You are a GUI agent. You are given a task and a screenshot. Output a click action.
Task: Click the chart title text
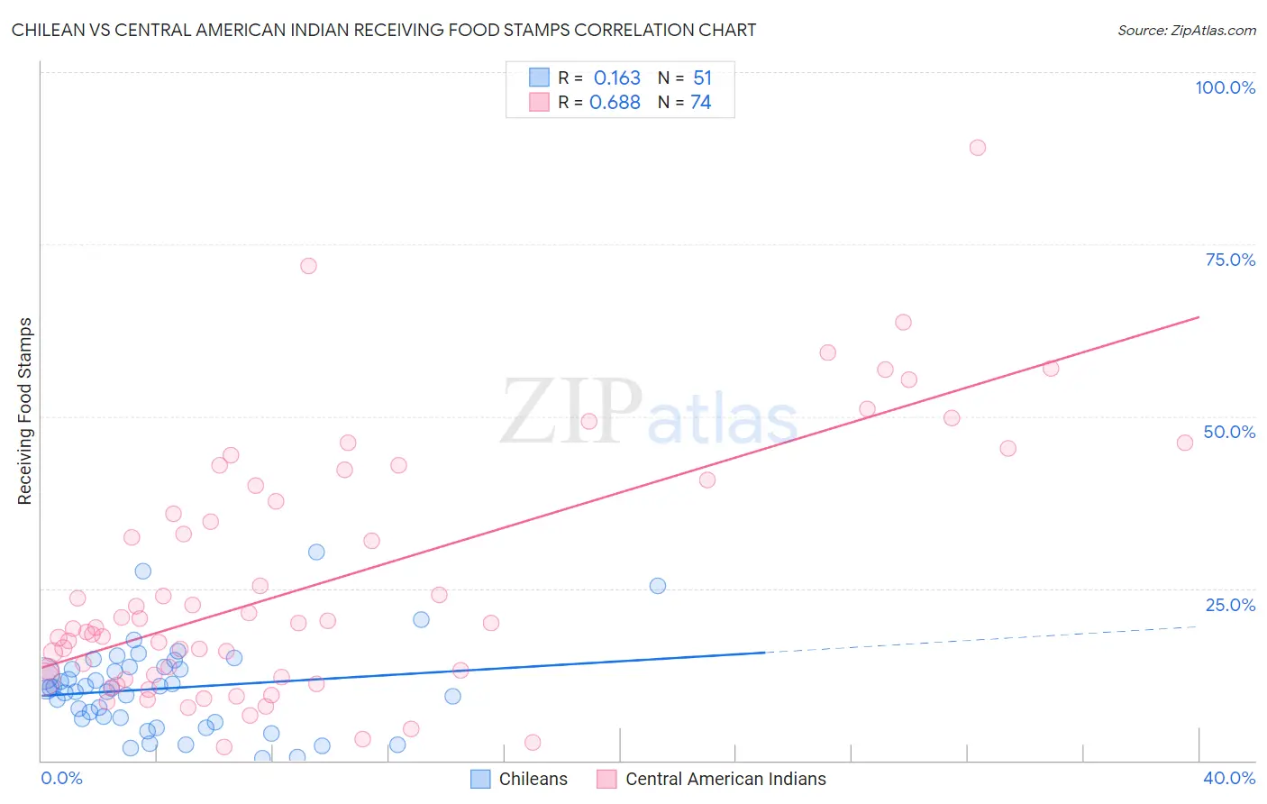pyautogui.click(x=384, y=30)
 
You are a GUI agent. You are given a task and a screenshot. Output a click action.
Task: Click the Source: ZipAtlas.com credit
pyautogui.click(x=1186, y=30)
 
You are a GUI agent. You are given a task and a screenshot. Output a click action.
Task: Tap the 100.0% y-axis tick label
pyautogui.click(x=1225, y=87)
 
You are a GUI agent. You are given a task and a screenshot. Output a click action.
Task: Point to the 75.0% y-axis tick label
pyautogui.click(x=1230, y=260)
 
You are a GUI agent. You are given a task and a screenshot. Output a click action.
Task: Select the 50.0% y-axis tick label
pyautogui.click(x=1229, y=432)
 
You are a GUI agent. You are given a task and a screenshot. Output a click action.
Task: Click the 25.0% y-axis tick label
pyautogui.click(x=1230, y=605)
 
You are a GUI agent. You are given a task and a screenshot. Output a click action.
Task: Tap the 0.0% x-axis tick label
pyautogui.click(x=61, y=778)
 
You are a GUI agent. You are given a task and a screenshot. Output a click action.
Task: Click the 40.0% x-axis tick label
pyautogui.click(x=1229, y=778)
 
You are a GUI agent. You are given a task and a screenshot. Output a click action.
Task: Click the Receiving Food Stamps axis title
pyautogui.click(x=25, y=411)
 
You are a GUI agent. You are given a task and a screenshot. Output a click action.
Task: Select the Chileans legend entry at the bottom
pyautogui.click(x=520, y=779)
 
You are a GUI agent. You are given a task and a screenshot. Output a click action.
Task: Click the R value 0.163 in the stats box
pyautogui.click(x=616, y=78)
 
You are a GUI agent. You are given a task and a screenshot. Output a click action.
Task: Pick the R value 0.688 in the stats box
pyautogui.click(x=615, y=103)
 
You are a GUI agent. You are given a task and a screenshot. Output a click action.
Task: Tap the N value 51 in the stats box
pyautogui.click(x=702, y=78)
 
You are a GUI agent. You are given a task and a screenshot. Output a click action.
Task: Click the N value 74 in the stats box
pyautogui.click(x=700, y=103)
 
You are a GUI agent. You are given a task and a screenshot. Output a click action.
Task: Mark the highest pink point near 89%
pyautogui.click(x=978, y=148)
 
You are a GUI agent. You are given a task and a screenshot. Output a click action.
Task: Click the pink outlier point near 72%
pyautogui.click(x=308, y=266)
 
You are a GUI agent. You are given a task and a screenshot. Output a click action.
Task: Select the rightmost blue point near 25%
pyautogui.click(x=658, y=586)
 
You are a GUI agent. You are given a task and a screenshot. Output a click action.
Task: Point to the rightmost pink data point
pyautogui.click(x=1185, y=443)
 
